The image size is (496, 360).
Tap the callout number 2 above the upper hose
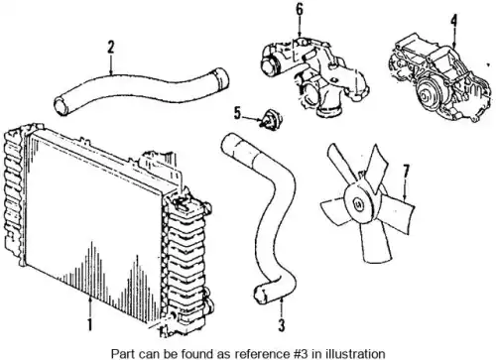(111, 47)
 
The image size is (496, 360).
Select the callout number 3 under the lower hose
(281, 324)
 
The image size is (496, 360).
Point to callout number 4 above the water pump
(453, 21)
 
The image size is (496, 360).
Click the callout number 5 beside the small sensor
(237, 113)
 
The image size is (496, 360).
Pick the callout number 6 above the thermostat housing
(299, 10)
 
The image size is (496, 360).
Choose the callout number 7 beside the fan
(406, 172)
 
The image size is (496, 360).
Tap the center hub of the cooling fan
(358, 203)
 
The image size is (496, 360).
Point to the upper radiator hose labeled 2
(141, 90)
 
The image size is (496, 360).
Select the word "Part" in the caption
(121, 353)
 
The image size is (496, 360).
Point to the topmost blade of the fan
(378, 167)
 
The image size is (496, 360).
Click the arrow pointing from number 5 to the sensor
(253, 117)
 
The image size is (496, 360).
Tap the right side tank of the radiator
(186, 261)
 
